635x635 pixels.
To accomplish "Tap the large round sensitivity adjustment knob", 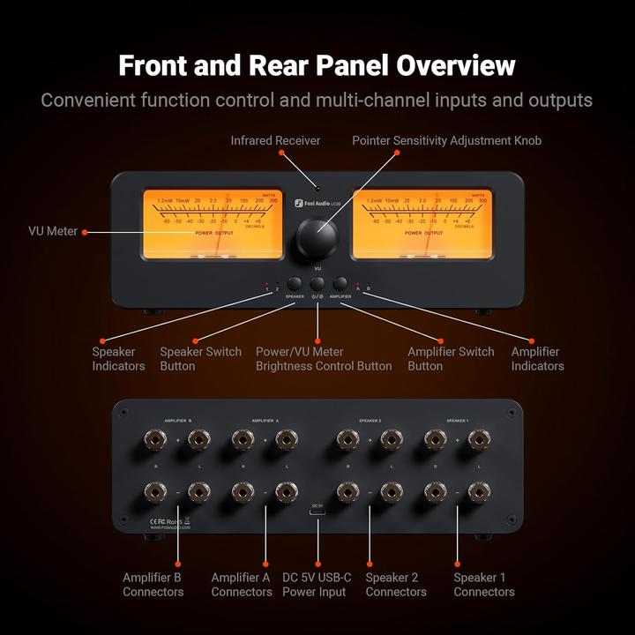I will click(x=317, y=235).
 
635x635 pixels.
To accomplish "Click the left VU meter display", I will click(x=213, y=225).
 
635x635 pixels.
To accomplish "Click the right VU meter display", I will click(x=422, y=225).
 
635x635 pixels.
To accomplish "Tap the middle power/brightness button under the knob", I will click(x=317, y=283).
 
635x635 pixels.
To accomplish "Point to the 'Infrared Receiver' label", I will click(x=275, y=140).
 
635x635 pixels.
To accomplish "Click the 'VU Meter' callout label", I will click(x=54, y=231).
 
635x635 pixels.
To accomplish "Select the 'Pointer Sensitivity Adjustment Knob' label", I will click(x=446, y=140).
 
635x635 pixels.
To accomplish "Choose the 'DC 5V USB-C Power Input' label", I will click(x=317, y=584).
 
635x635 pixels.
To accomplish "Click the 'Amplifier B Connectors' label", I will click(x=153, y=584).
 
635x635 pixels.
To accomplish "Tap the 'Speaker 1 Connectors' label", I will click(x=484, y=584).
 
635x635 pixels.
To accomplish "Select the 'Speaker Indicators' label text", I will click(x=118, y=358).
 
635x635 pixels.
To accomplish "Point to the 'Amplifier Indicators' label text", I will click(x=537, y=358).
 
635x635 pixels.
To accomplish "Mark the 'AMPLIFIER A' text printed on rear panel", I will click(x=265, y=421).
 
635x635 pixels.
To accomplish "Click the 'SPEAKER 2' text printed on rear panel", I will click(x=370, y=421).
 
